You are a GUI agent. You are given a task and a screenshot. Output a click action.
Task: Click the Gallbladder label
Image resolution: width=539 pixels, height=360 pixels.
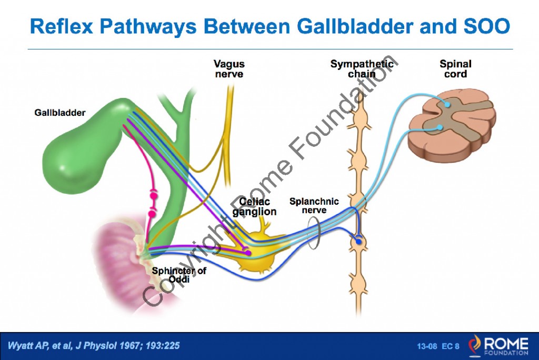59,113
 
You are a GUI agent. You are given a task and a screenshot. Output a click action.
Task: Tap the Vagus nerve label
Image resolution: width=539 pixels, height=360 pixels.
229,69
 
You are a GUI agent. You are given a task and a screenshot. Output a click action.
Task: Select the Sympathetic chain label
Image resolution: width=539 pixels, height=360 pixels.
362,69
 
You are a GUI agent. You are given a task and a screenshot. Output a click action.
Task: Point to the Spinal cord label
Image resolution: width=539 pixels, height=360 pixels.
455,69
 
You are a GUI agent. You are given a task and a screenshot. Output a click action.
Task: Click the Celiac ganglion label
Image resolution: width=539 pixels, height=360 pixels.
255,207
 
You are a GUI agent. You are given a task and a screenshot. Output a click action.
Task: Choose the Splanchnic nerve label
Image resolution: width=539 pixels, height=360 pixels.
314,206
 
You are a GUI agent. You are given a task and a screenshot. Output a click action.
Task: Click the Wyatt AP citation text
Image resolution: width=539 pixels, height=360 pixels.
94,346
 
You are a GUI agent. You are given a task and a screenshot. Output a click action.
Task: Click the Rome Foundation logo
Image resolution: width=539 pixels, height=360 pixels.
500,345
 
